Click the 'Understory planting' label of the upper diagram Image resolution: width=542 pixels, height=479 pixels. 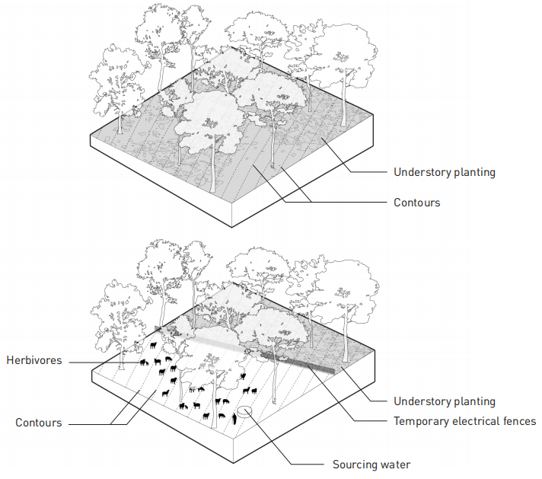coord(444,172)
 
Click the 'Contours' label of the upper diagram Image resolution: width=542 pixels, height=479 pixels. coord(416,203)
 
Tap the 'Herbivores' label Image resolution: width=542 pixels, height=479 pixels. coord(36,359)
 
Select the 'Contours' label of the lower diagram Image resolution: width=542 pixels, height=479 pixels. coord(39,422)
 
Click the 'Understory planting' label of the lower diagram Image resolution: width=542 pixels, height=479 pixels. coord(444,401)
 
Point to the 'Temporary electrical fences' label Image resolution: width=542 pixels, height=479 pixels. coord(464,421)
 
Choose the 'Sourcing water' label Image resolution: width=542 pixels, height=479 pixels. coord(371,464)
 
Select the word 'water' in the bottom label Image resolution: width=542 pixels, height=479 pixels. coord(394,464)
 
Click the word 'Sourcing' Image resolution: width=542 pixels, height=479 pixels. coord(355,464)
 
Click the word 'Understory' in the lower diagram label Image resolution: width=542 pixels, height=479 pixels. coord(421,401)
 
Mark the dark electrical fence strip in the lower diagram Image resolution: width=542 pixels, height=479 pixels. coord(297,361)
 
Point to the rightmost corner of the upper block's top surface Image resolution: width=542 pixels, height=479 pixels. coord(375,115)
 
